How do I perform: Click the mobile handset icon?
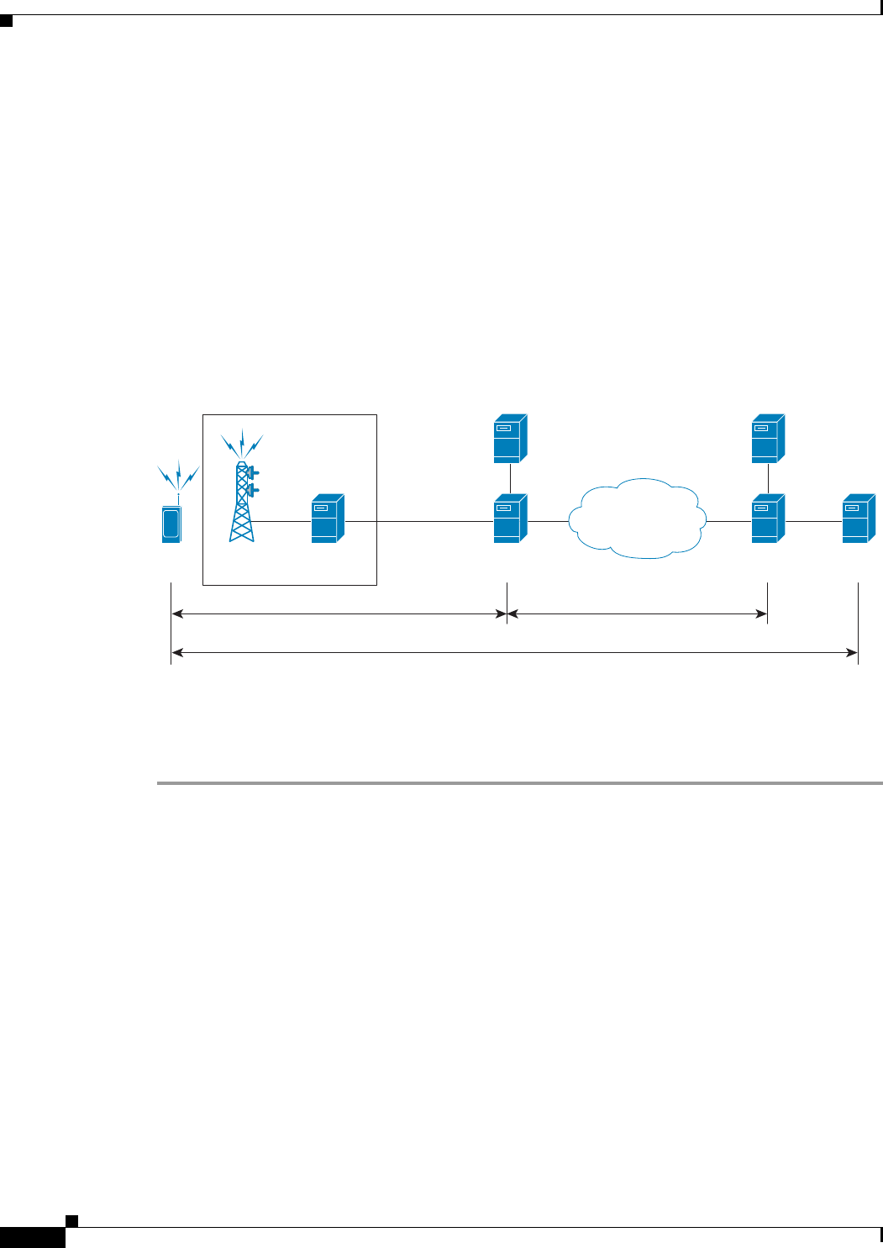pyautogui.click(x=171, y=523)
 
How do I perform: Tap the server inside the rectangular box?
pyautogui.click(x=328, y=519)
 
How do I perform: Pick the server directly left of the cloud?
pyautogui.click(x=510, y=519)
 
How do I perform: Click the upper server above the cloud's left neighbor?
pyautogui.click(x=510, y=438)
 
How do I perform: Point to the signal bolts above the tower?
pyautogui.click(x=242, y=444)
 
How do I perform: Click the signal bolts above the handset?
pyautogui.click(x=178, y=477)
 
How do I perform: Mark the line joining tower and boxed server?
pyautogui.click(x=282, y=522)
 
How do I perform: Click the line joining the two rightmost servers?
pyautogui.click(x=813, y=522)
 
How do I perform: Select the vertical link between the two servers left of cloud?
pyautogui.click(x=511, y=478)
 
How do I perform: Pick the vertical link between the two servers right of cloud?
pyautogui.click(x=769, y=478)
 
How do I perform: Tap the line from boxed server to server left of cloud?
pyautogui.click(x=420, y=522)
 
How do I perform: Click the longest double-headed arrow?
pyautogui.click(x=514, y=651)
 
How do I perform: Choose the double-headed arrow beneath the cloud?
pyautogui.click(x=638, y=614)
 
